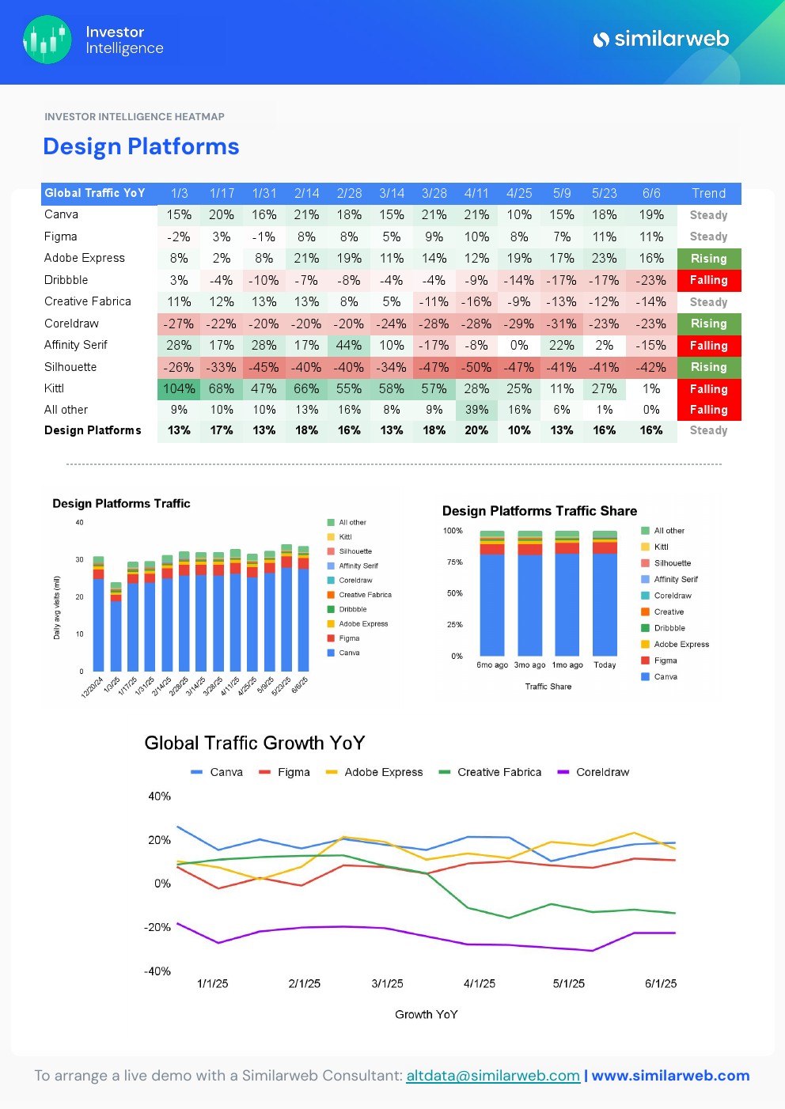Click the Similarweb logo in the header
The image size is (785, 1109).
(x=661, y=39)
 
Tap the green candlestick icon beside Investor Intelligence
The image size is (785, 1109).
(x=47, y=40)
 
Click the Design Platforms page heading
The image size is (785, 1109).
(x=141, y=146)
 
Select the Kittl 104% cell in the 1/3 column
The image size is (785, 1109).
(x=179, y=388)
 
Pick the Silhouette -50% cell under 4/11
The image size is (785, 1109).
(x=476, y=367)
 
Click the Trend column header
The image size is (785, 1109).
(x=708, y=193)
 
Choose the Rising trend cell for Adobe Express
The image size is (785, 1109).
(x=708, y=259)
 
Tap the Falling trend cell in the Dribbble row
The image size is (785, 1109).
(x=708, y=280)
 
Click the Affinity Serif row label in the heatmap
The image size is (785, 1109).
(x=76, y=345)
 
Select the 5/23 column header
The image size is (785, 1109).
(x=604, y=193)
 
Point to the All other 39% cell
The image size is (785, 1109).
(x=476, y=410)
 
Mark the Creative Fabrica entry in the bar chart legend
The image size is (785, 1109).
(x=365, y=595)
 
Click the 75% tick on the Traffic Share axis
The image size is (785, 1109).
(x=454, y=562)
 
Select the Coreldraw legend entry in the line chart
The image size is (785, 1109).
(x=602, y=772)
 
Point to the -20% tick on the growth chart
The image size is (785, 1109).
(x=157, y=927)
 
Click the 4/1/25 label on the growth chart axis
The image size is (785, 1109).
(x=480, y=984)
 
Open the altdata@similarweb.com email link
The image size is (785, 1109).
(x=493, y=1076)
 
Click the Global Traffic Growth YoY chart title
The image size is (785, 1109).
(x=255, y=743)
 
